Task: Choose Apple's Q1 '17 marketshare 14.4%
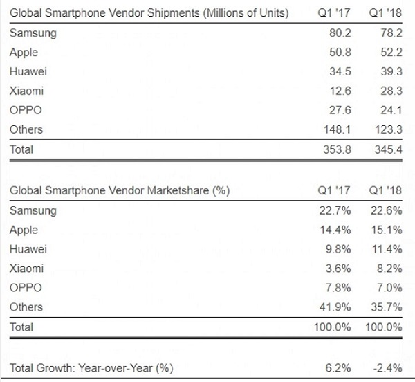337,230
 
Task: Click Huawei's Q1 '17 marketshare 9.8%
340,249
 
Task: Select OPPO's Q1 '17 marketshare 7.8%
340,288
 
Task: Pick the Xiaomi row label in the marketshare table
26,269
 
